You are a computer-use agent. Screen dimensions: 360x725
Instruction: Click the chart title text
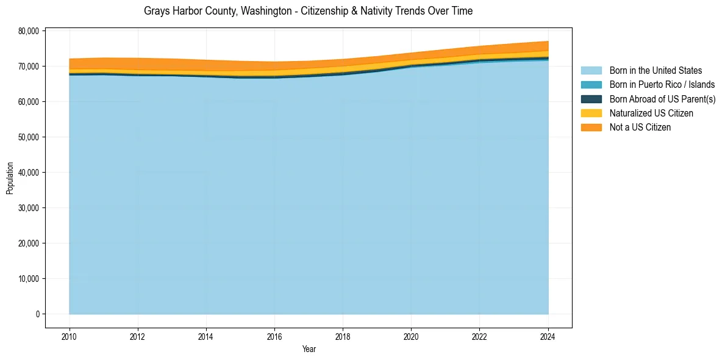pos(308,11)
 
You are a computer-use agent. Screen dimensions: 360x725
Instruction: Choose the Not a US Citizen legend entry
pos(640,127)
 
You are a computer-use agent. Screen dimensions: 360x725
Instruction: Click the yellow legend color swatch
pos(591,113)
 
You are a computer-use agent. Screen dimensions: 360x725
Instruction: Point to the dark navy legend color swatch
pos(591,99)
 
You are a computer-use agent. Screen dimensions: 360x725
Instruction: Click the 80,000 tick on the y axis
pos(29,31)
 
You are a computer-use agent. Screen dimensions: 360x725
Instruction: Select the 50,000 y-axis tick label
pos(29,137)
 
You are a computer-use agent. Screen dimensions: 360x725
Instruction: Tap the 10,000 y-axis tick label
pos(29,279)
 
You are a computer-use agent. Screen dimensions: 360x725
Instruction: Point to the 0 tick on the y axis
pos(37,314)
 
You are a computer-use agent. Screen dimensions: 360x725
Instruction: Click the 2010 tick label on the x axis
pos(70,336)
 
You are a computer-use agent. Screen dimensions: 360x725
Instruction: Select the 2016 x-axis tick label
pos(274,336)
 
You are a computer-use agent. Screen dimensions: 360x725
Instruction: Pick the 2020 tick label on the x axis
pos(412,336)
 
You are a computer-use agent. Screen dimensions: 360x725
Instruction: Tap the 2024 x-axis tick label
pos(548,336)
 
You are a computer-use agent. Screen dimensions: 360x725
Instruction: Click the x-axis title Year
pos(309,349)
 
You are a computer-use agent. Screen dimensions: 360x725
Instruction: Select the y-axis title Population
pos(10,178)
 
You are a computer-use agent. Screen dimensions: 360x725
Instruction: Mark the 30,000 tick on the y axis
pos(29,208)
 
